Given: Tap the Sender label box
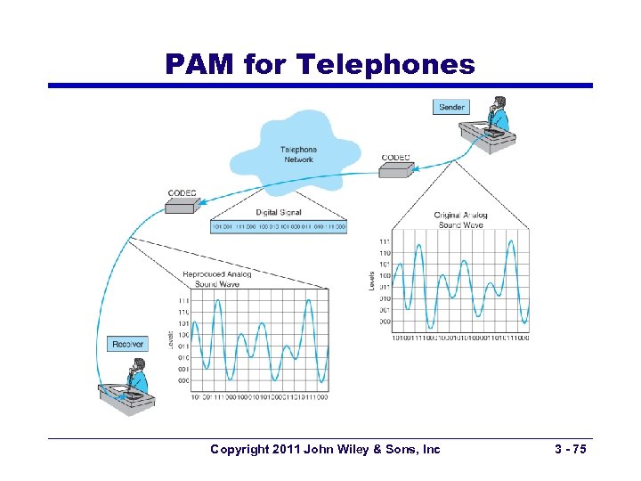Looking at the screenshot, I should pos(451,107).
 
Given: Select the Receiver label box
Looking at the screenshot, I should pos(128,344).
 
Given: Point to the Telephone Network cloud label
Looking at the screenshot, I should pos(298,154).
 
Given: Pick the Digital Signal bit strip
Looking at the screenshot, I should pos(278,227).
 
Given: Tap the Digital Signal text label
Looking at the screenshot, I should pos(279,213).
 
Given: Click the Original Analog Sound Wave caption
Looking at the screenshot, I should pos(460,219).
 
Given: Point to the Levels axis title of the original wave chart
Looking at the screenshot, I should pos(371,281).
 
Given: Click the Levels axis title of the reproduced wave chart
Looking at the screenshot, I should pos(172,338).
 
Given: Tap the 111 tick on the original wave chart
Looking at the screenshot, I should pos(384,241).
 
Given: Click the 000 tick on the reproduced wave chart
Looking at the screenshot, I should pos(183,380).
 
